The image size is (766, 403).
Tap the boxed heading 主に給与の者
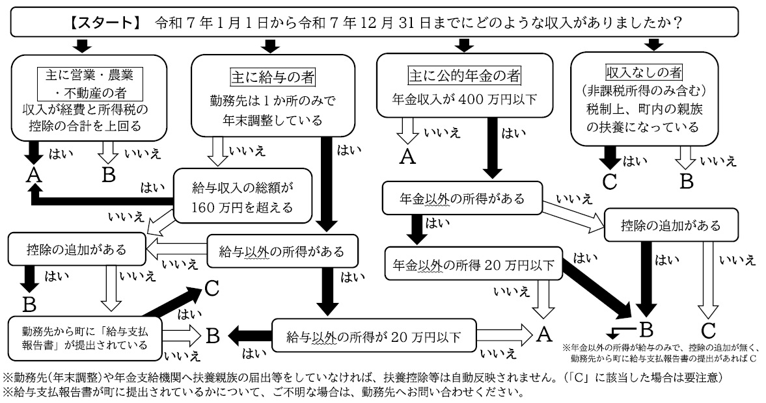273,77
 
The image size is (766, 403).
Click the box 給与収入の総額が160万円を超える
242,198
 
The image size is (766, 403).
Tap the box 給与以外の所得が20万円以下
374,337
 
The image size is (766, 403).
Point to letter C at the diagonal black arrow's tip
212,287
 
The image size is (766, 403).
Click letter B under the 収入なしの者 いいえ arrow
687,181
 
